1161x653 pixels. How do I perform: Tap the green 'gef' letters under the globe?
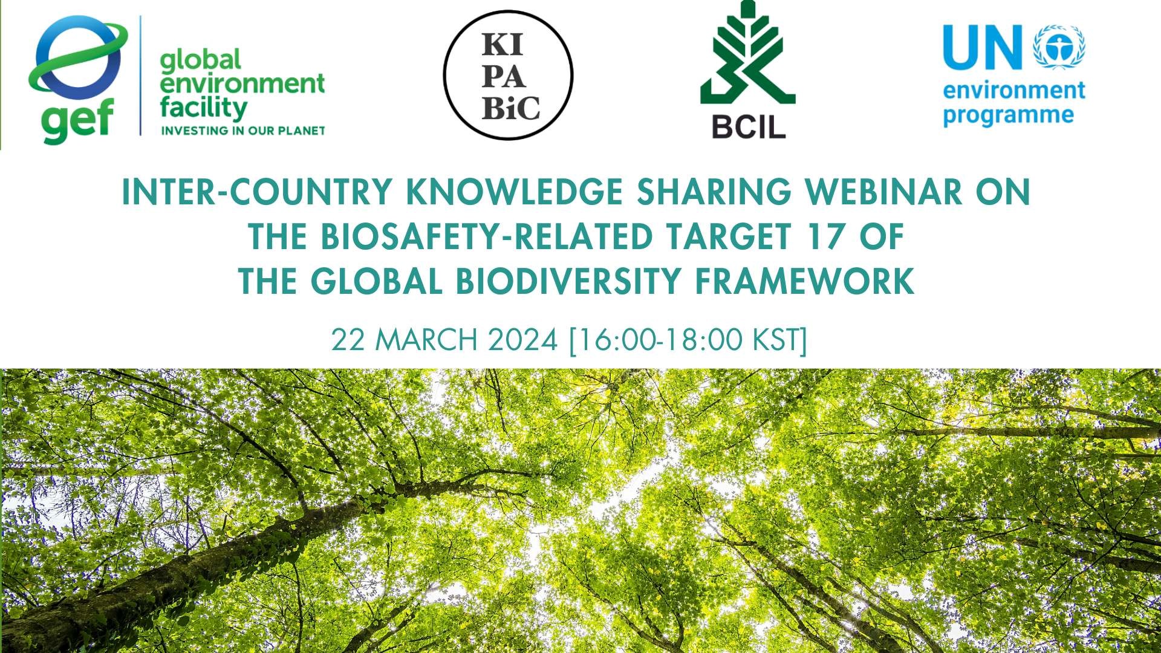coord(77,122)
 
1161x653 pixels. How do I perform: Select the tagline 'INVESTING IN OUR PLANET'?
coord(242,130)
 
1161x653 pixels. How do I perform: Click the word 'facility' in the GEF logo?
coord(203,109)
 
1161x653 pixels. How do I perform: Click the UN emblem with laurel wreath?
coord(1059,47)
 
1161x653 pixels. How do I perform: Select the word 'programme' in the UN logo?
coord(1008,115)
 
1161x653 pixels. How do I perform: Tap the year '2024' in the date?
coord(523,340)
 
